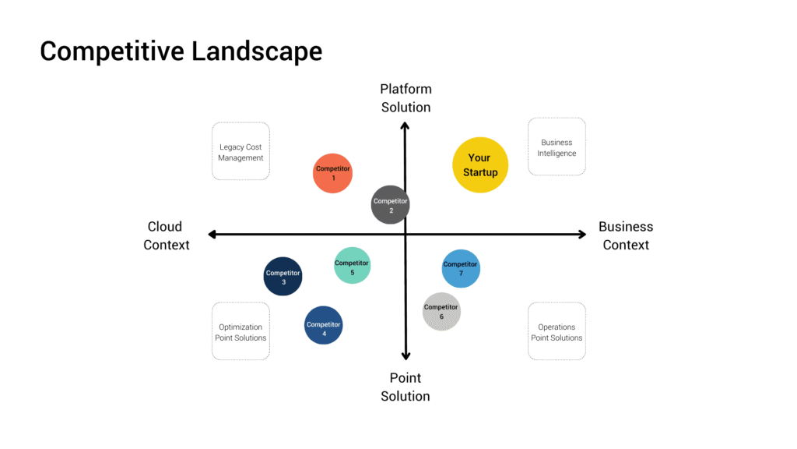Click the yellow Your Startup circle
point(480,164)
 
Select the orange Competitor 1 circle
point(332,173)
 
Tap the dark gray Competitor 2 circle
point(390,205)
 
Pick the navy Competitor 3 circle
point(283,277)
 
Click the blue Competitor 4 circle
point(323,325)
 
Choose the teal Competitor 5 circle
point(352,265)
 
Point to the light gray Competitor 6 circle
point(441,311)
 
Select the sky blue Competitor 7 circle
point(461,268)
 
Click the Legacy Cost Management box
point(241,151)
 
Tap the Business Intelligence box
point(556,147)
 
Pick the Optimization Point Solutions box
point(241,331)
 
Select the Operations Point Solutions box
point(556,331)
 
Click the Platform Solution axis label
point(406,98)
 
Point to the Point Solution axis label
point(406,387)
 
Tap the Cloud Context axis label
point(166,235)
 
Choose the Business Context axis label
point(626,235)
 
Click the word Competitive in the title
point(107,51)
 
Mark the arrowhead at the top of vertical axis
point(406,125)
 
